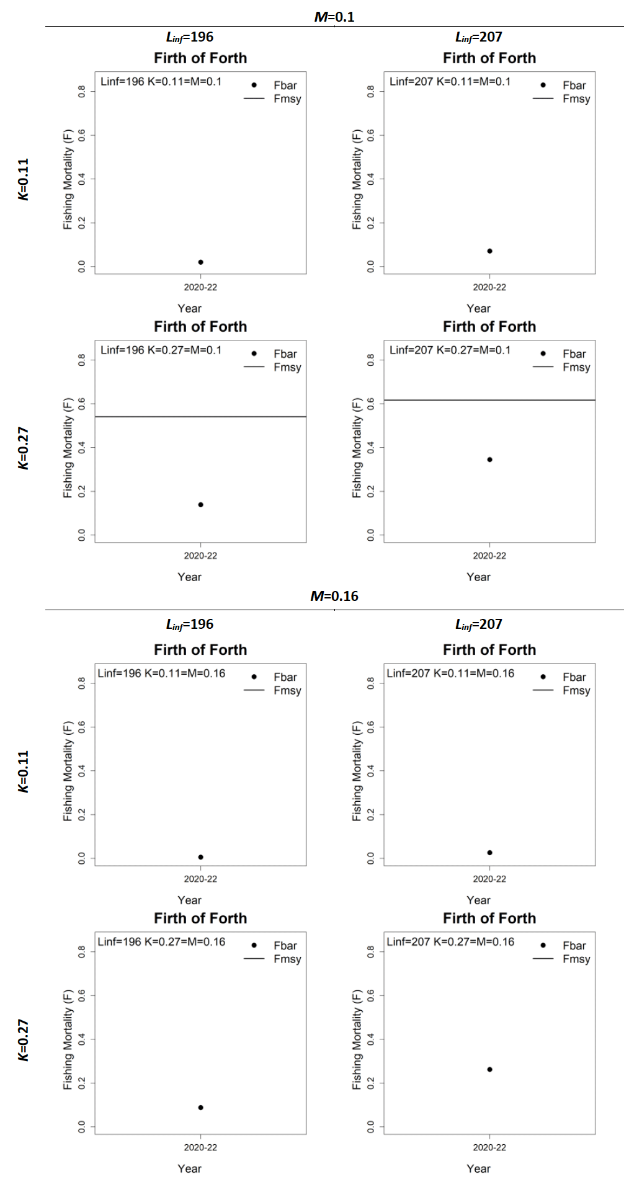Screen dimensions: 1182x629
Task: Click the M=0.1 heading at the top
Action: pyautogui.click(x=334, y=17)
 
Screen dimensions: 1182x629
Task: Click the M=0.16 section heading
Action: pyautogui.click(x=334, y=596)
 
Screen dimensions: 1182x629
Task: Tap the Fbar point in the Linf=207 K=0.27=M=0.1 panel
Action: pyautogui.click(x=489, y=460)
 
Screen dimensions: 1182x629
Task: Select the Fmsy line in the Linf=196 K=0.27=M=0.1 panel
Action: pyautogui.click(x=200, y=417)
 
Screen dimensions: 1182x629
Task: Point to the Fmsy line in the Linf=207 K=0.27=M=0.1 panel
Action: pyautogui.click(x=489, y=400)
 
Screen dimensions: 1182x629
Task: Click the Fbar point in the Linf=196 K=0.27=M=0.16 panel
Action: pyautogui.click(x=200, y=1107)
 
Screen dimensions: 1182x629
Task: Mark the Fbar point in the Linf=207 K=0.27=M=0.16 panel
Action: pyautogui.click(x=489, y=1069)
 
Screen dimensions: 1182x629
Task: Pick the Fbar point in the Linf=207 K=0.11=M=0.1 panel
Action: pyautogui.click(x=489, y=251)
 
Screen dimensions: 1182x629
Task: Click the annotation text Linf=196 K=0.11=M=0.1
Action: pyautogui.click(x=161, y=81)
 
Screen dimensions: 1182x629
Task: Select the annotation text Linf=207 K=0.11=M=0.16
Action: pyautogui.click(x=450, y=673)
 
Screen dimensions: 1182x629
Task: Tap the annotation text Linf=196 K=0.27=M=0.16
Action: pyautogui.click(x=161, y=941)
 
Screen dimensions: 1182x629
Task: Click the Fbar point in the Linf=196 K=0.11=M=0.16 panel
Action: pyautogui.click(x=200, y=857)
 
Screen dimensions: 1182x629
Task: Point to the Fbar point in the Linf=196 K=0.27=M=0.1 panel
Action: pyautogui.click(x=200, y=505)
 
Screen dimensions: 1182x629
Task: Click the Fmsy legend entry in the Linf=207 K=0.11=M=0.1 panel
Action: pyautogui.click(x=576, y=99)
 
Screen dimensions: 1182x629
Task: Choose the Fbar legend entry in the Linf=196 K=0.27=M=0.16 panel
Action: pyautogui.click(x=285, y=945)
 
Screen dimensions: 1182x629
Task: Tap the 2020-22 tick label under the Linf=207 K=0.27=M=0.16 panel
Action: pyautogui.click(x=489, y=1147)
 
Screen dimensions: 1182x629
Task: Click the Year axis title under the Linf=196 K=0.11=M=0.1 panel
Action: pyautogui.click(x=189, y=308)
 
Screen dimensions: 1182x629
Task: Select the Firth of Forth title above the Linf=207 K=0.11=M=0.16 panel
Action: pyautogui.click(x=489, y=649)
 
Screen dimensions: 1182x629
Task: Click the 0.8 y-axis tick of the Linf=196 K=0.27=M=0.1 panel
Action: pyautogui.click(x=82, y=360)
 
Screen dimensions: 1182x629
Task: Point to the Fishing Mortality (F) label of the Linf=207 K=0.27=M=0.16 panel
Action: pyautogui.click(x=357, y=1039)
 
